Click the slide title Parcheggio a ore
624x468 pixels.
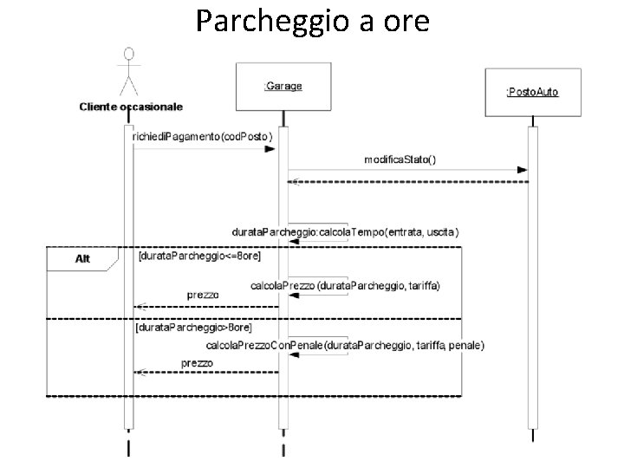click(x=312, y=20)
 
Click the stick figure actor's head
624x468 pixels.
click(x=130, y=55)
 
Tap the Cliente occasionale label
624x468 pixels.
click(x=131, y=107)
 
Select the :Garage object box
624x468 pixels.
click(x=283, y=86)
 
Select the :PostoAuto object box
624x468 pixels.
click(x=532, y=91)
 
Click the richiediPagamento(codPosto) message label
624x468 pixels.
click(x=202, y=137)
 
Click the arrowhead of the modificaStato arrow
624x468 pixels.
click(x=523, y=170)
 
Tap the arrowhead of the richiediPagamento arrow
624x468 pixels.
click(x=270, y=148)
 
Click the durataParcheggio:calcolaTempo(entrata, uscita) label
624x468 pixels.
click(x=345, y=232)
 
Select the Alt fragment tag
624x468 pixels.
click(x=81, y=258)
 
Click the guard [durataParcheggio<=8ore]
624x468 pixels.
click(x=199, y=257)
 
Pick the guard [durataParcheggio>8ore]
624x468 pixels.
click(x=194, y=329)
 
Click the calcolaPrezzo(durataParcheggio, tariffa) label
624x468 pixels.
click(x=345, y=284)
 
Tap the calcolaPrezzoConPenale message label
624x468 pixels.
click(x=345, y=345)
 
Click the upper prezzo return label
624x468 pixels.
click(x=203, y=296)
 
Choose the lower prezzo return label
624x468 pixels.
click(x=197, y=362)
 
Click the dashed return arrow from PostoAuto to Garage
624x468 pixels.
click(x=407, y=182)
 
